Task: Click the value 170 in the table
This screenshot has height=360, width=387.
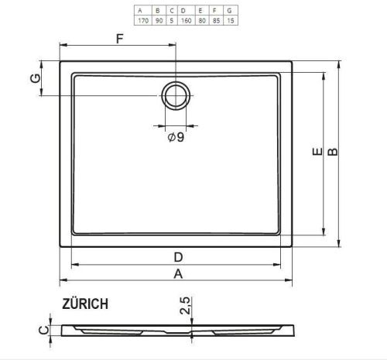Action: (143, 20)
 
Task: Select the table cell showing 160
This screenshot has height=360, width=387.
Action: (186, 20)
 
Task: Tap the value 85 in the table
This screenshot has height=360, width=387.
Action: (216, 20)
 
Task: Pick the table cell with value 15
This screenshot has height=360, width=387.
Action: (231, 20)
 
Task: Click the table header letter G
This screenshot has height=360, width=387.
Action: (229, 11)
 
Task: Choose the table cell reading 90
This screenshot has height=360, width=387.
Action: (159, 20)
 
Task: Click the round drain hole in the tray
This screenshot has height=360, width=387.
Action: (176, 95)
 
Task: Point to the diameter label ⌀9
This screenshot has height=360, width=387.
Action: (176, 137)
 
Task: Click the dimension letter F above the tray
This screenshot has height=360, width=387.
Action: (120, 39)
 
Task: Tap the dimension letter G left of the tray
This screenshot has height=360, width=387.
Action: (36, 78)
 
